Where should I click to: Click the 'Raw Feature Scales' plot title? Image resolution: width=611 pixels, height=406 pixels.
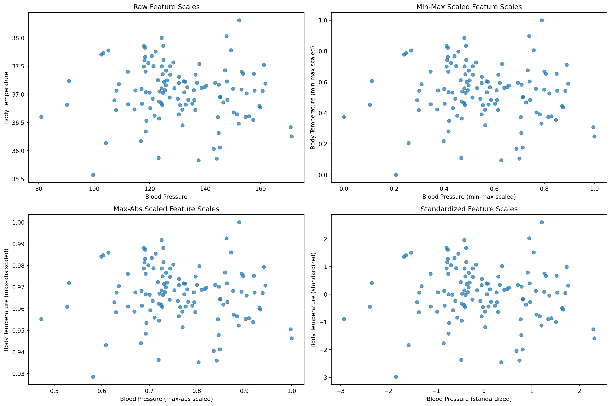coord(166,7)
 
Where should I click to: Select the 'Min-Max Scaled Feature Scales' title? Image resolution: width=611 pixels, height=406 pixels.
coord(469,7)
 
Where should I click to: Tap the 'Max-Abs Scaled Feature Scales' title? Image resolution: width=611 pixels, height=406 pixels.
coord(166,209)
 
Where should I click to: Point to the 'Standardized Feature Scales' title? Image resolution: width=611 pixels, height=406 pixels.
coord(469,209)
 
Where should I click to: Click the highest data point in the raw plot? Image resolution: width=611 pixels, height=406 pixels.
coord(239,21)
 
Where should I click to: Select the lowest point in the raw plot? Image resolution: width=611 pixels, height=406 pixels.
coord(93,175)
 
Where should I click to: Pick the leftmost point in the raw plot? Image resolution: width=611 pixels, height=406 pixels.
coord(41,117)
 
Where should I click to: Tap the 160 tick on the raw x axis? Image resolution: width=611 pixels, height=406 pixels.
coord(260,189)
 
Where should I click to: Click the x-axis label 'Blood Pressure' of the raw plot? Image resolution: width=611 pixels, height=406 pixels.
coord(166,197)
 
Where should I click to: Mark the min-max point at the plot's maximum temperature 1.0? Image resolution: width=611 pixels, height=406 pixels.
coord(542,21)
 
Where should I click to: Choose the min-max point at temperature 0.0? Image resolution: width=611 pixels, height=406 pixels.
coord(396,175)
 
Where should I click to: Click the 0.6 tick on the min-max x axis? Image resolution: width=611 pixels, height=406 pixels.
coord(494,189)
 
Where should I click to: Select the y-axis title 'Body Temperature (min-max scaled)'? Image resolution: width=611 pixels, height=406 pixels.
coord(313,98)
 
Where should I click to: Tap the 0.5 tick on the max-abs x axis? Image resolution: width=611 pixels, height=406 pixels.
coord(54,391)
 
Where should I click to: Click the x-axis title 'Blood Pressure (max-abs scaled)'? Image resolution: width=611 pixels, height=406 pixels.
coord(166,399)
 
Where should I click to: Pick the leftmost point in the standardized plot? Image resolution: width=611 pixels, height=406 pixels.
coord(344,319)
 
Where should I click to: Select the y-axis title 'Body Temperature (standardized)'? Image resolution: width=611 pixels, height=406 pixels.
coord(313,300)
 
